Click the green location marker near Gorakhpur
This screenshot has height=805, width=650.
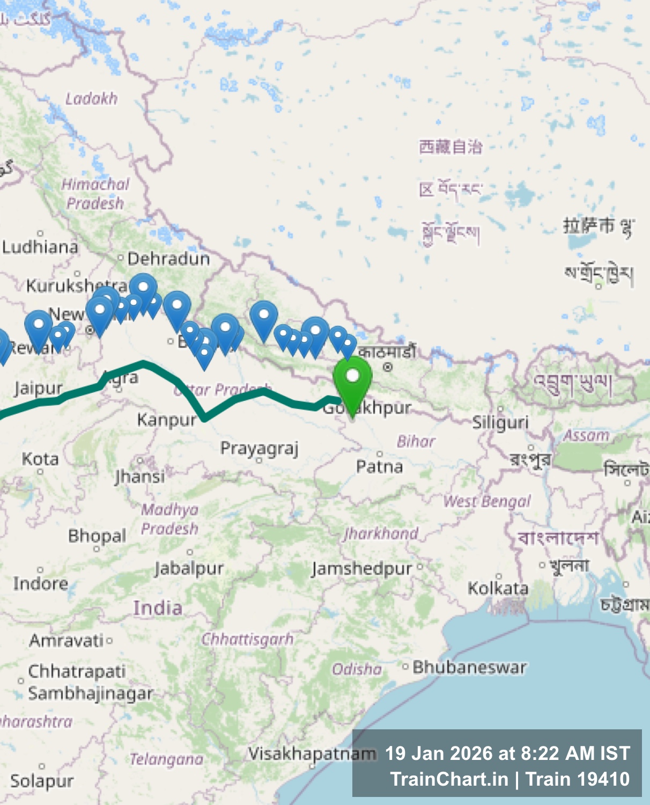[352, 378]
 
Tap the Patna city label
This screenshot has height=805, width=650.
[379, 466]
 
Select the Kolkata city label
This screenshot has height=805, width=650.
[498, 588]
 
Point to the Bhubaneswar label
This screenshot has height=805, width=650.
[469, 667]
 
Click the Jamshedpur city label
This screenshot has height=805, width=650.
[361, 568]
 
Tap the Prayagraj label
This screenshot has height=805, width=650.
[259, 448]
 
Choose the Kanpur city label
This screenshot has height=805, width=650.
[167, 419]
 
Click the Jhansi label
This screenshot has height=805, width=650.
[139, 476]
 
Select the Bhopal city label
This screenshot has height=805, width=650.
[97, 536]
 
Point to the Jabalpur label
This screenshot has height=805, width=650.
[189, 568]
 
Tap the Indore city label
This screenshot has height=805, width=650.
[41, 583]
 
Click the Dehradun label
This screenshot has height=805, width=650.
[168, 259]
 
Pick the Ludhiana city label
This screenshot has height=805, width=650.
[40, 247]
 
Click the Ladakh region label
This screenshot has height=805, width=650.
[91, 99]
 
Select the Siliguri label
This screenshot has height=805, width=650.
[500, 422]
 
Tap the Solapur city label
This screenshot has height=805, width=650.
[42, 781]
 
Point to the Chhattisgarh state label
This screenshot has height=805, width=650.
[247, 639]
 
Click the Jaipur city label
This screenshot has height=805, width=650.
[39, 388]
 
